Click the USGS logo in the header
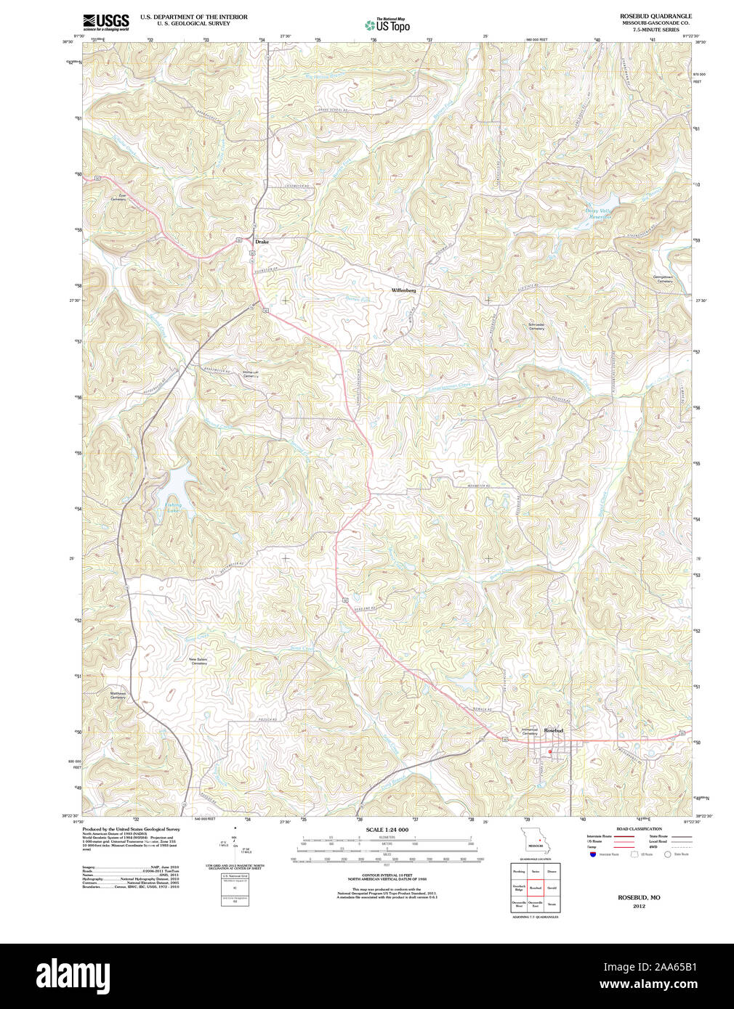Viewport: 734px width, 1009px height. pyautogui.click(x=106, y=22)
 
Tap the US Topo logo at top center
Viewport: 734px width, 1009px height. pyautogui.click(x=387, y=25)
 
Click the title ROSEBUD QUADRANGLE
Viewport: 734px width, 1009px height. pyautogui.click(x=656, y=16)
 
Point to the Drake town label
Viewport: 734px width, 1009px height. pyautogui.click(x=262, y=241)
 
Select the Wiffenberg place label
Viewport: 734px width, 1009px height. pyautogui.click(x=403, y=290)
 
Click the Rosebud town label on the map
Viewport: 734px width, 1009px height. pyautogui.click(x=554, y=730)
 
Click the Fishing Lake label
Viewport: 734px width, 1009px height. pyautogui.click(x=173, y=508)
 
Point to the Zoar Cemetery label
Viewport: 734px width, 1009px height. pyautogui.click(x=118, y=197)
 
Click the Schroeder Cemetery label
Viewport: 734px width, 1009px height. pyautogui.click(x=536, y=327)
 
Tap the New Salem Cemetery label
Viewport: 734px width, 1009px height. pyautogui.click(x=198, y=661)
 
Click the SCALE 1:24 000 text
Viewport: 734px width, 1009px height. pyautogui.click(x=387, y=830)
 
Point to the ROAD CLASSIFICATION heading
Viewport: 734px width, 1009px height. pyautogui.click(x=639, y=828)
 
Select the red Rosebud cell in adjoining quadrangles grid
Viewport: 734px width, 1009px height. pyautogui.click(x=536, y=888)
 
